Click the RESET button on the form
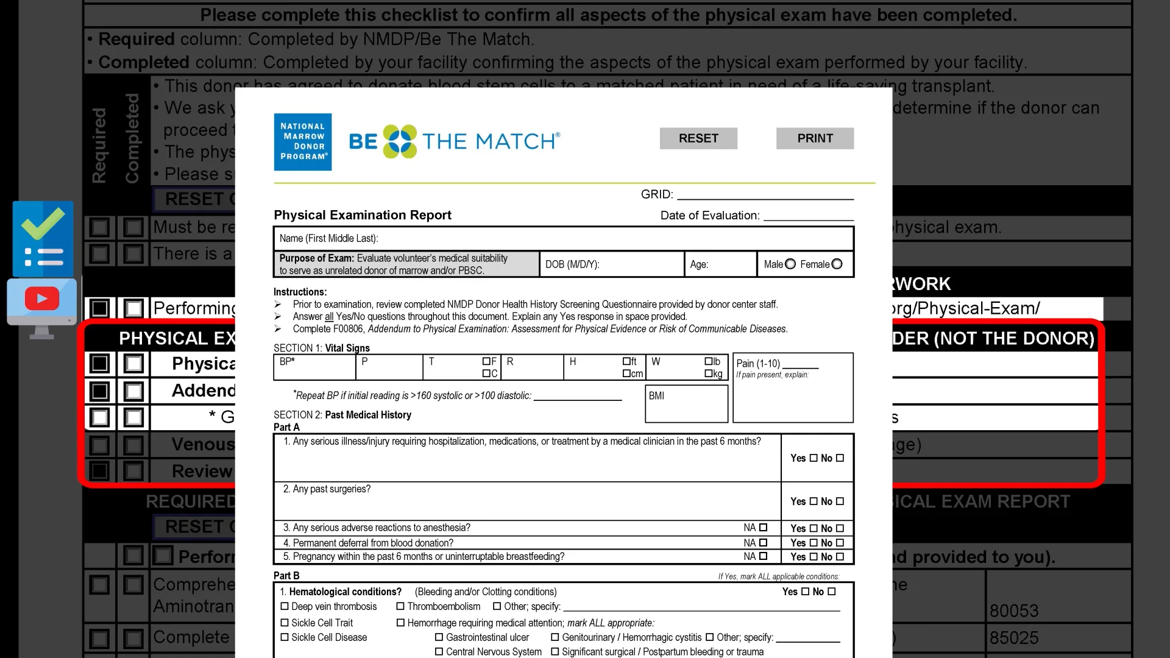pyautogui.click(x=698, y=138)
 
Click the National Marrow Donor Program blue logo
pyautogui.click(x=303, y=141)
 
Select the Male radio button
pyautogui.click(x=790, y=264)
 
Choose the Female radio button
pyautogui.click(x=837, y=264)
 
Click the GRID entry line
pyautogui.click(x=765, y=194)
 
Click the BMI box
pyautogui.click(x=686, y=403)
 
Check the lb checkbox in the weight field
pyautogui.click(x=709, y=361)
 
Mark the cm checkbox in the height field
pyautogui.click(x=626, y=373)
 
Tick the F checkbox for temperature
pyautogui.click(x=486, y=361)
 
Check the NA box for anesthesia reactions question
pyautogui.click(x=763, y=528)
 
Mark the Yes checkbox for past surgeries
pyautogui.click(x=814, y=501)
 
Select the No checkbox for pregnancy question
pyautogui.click(x=840, y=557)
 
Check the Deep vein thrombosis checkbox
pyautogui.click(x=285, y=607)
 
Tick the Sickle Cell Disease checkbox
pyautogui.click(x=285, y=638)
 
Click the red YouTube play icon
pyautogui.click(x=42, y=299)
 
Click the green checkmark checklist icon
pyautogui.click(x=43, y=239)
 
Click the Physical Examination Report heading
pyautogui.click(x=363, y=215)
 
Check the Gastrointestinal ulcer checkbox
pyautogui.click(x=439, y=638)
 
